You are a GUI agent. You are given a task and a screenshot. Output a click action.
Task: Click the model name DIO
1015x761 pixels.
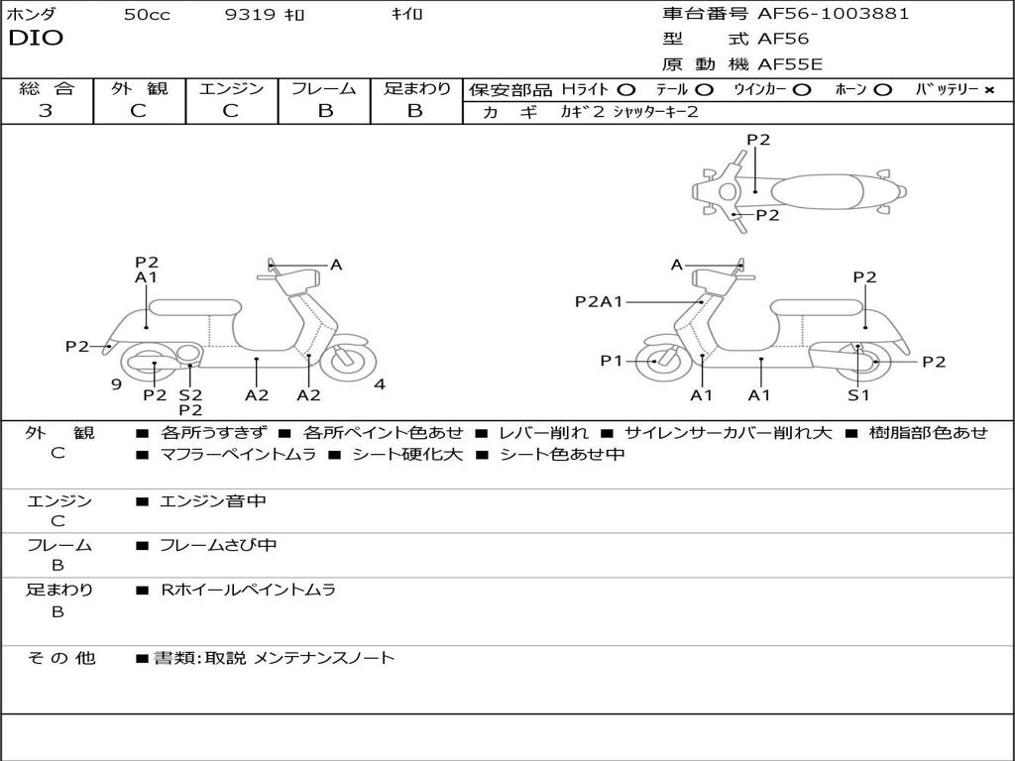pyautogui.click(x=36, y=39)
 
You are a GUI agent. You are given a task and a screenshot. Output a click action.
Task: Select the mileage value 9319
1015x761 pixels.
pyautogui.click(x=252, y=15)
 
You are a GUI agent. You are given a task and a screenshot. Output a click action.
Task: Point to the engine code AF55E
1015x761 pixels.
pyautogui.click(x=789, y=64)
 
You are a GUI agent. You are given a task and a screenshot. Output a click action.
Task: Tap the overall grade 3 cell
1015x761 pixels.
pyautogui.click(x=46, y=111)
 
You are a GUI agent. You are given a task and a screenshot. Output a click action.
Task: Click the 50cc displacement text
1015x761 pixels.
pyautogui.click(x=147, y=15)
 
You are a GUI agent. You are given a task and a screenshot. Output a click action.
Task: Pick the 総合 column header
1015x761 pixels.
pyautogui.click(x=46, y=88)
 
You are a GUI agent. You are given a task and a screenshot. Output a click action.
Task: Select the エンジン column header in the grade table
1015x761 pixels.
pyautogui.click(x=231, y=88)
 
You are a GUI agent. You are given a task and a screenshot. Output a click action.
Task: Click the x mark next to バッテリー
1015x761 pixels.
pyautogui.click(x=988, y=89)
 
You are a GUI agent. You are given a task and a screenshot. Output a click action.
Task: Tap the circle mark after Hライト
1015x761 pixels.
pyautogui.click(x=625, y=89)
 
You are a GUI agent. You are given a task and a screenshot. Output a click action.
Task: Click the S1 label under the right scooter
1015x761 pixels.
pyautogui.click(x=858, y=394)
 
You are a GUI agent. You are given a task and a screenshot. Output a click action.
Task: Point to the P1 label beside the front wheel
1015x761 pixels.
pyautogui.click(x=612, y=361)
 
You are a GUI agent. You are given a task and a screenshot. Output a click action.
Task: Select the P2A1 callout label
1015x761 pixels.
pyautogui.click(x=599, y=301)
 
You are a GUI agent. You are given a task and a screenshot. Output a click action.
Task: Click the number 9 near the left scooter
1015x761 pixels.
pyautogui.click(x=116, y=383)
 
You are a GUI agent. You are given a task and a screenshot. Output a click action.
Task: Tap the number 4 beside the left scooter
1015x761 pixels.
pyautogui.click(x=380, y=383)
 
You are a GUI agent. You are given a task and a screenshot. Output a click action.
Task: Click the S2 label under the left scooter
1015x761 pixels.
pyautogui.click(x=190, y=394)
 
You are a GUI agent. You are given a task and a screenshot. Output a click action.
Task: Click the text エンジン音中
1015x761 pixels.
pyautogui.click(x=213, y=501)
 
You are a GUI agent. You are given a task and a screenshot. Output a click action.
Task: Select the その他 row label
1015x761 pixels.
pyautogui.click(x=60, y=658)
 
